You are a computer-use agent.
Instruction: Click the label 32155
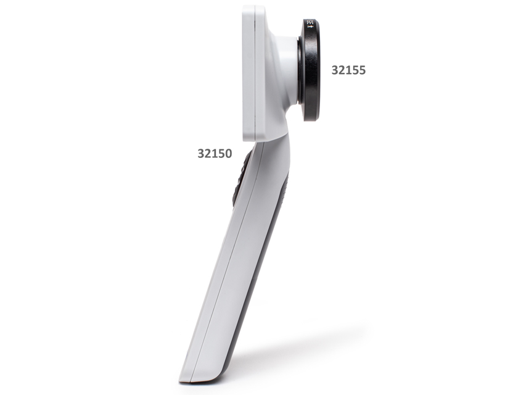coord(348,70)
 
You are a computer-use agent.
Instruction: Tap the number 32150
coord(215,153)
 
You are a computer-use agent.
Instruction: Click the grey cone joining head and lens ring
coord(287,68)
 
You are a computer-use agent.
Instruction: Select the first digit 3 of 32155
coord(335,70)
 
